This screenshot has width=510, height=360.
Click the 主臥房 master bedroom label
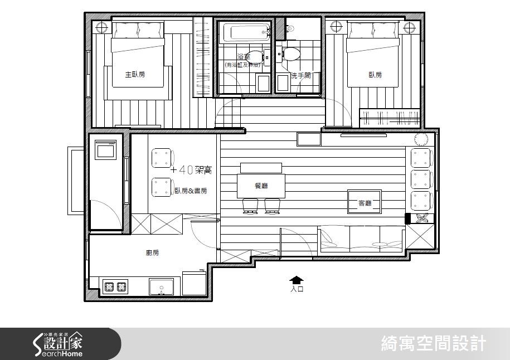(x=134, y=74)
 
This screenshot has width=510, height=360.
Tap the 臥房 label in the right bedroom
(x=375, y=75)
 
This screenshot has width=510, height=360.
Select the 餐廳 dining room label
(x=261, y=186)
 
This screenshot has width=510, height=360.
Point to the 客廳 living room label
(x=365, y=204)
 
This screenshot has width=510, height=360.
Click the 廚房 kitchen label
(x=152, y=253)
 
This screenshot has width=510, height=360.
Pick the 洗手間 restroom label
(x=301, y=75)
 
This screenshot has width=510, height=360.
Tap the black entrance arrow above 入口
(x=297, y=280)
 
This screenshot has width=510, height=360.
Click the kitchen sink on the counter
(x=162, y=286)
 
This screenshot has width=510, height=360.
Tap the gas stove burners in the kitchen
(x=115, y=287)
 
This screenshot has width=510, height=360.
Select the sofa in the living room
(x=360, y=239)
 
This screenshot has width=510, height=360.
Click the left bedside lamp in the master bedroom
(x=101, y=27)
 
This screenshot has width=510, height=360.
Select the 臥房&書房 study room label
(x=191, y=191)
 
